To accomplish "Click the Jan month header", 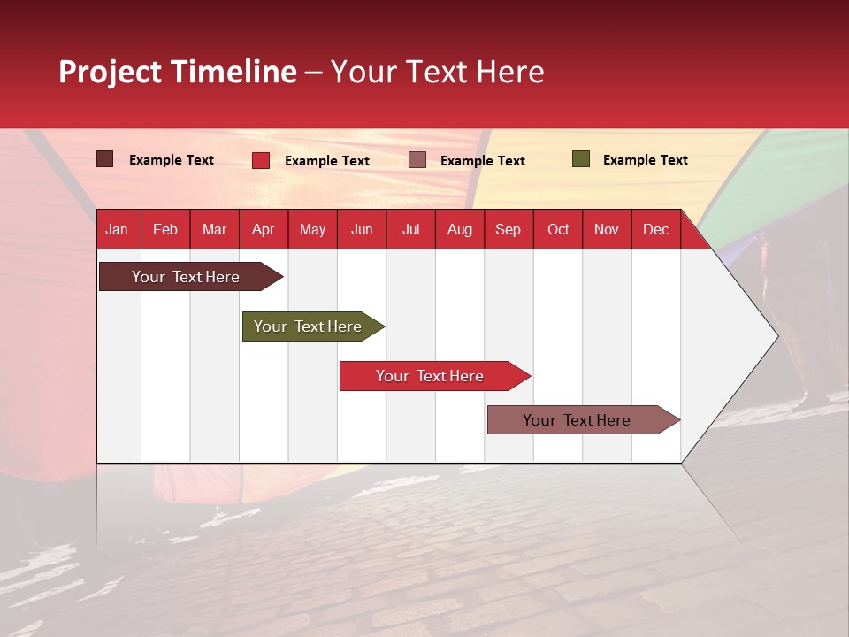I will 117,229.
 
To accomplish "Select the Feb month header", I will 165,229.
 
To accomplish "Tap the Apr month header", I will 264,229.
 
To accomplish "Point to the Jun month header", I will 362,229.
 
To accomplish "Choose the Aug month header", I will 460,229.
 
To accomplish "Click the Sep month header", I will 509,229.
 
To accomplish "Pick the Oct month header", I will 558,229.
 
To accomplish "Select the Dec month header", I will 656,229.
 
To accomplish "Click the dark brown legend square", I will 105,159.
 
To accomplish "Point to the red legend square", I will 261,160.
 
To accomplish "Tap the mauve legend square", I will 417,160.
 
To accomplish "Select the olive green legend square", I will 581,159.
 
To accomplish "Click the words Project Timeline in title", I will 178,72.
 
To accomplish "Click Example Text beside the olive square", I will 645,159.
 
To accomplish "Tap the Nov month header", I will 607,229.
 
